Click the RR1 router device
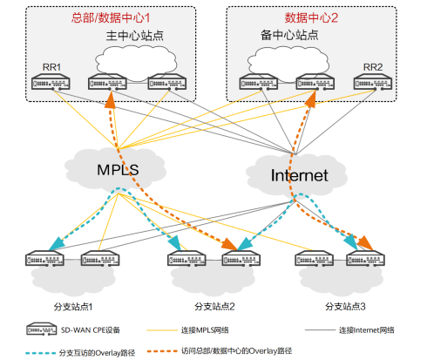pyautogui.click(x=51, y=82)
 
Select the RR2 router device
pyautogui.click(x=373, y=82)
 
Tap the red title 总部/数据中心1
pyautogui.click(x=111, y=17)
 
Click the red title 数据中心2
pyautogui.click(x=311, y=17)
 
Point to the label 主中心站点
pyautogui.click(x=135, y=36)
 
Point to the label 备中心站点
pyautogui.click(x=289, y=35)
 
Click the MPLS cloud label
pyautogui.click(x=118, y=170)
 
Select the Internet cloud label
pyautogui.click(x=300, y=175)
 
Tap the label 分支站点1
pyautogui.click(x=73, y=307)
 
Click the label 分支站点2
pyautogui.click(x=214, y=306)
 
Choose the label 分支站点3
pyautogui.click(x=345, y=306)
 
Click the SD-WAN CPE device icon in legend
pyautogui.click(x=41, y=329)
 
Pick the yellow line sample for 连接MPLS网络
pyautogui.click(x=162, y=330)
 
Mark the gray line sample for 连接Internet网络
pyautogui.click(x=320, y=330)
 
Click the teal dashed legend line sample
pyautogui.click(x=40, y=353)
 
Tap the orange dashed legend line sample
pyautogui.click(x=162, y=351)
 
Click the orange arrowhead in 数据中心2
pyautogui.click(x=310, y=100)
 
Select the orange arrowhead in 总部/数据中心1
pyautogui.click(x=111, y=100)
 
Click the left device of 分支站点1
pyautogui.click(x=44, y=258)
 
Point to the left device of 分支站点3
pyautogui.click(x=314, y=258)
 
